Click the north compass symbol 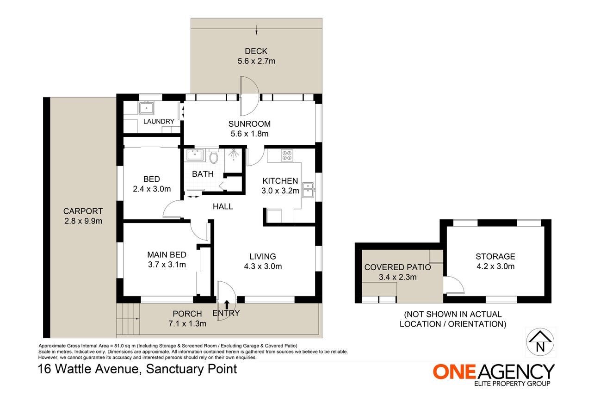(540, 342)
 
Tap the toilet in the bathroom (213, 156)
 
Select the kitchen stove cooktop (287, 155)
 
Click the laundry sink (146, 108)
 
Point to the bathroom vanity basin (195, 155)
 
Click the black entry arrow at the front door (227, 304)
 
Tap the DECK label (256, 51)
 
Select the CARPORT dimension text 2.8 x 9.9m (83, 221)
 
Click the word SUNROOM (249, 124)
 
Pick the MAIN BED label (167, 254)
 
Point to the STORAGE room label (495, 256)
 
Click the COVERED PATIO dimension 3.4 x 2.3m (398, 277)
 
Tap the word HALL (223, 206)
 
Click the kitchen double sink (308, 190)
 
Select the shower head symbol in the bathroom (233, 154)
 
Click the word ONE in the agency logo (454, 371)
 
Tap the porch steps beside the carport (128, 319)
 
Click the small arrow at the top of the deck (256, 30)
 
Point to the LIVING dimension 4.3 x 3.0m (263, 266)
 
